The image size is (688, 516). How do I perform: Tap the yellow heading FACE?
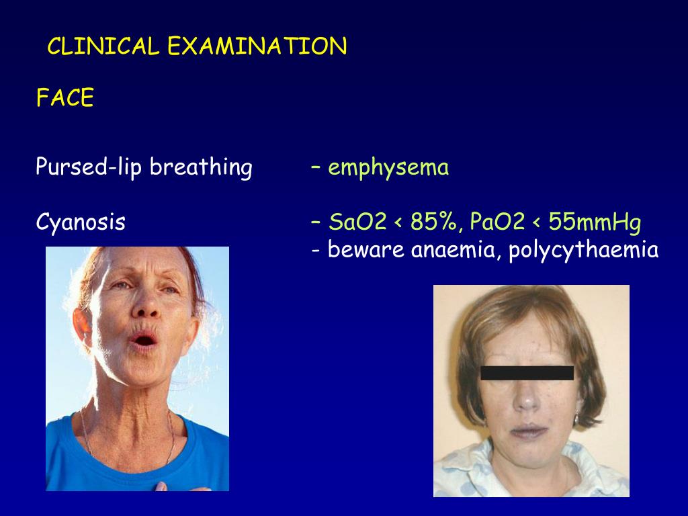click(x=64, y=99)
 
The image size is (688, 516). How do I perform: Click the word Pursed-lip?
click(x=89, y=167)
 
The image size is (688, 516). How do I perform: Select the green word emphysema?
click(x=388, y=167)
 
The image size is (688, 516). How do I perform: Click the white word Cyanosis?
click(x=81, y=222)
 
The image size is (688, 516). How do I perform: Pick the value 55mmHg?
click(x=595, y=222)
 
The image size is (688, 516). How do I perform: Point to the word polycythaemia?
click(x=583, y=251)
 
